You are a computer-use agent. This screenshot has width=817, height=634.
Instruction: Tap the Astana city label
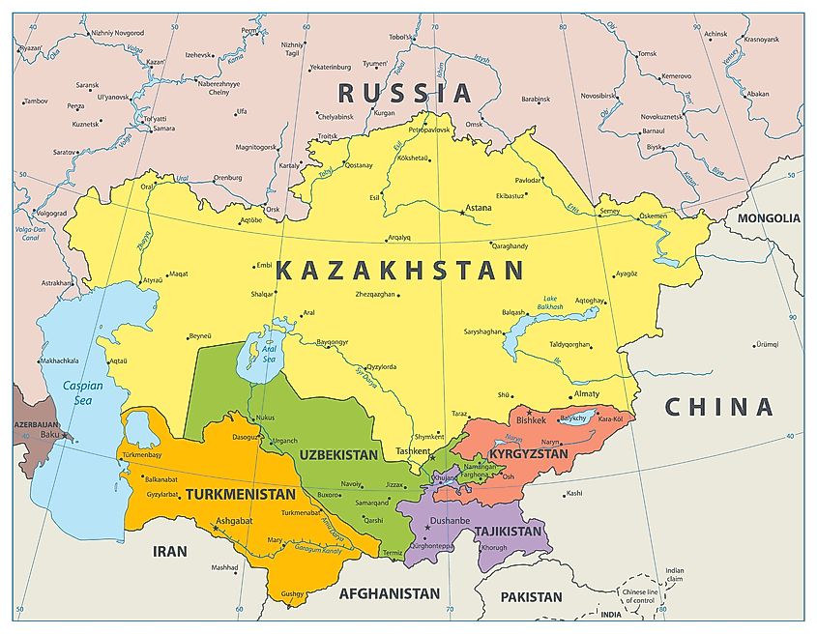[x=479, y=208]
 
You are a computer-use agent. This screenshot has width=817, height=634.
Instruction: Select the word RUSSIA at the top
[x=404, y=93]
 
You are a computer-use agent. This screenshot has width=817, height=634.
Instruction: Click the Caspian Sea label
[x=83, y=391]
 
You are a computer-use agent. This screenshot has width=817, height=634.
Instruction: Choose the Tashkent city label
[x=413, y=451]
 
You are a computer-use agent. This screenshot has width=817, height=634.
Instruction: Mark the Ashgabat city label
[x=235, y=520]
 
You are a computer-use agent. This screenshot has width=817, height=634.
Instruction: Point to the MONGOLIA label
[x=769, y=218]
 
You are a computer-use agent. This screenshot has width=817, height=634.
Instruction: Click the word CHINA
[x=718, y=407]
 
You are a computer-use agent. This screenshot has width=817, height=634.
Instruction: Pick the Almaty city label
[x=586, y=393]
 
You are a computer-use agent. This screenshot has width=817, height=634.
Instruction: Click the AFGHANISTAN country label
[x=390, y=593]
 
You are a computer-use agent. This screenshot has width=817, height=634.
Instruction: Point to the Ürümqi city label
[x=768, y=344]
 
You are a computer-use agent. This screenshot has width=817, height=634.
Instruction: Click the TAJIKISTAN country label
[x=509, y=532]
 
